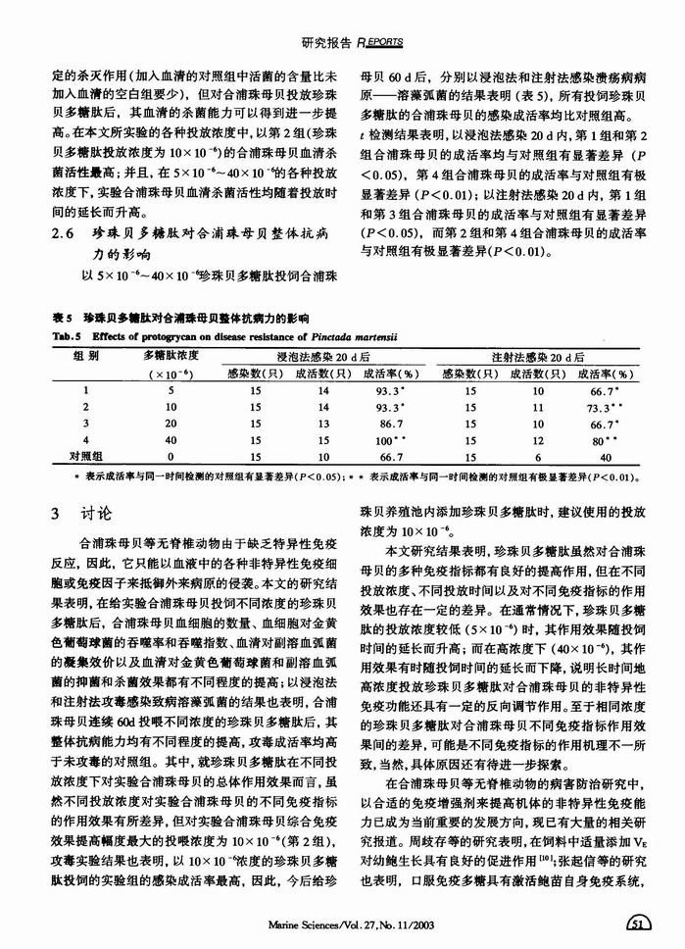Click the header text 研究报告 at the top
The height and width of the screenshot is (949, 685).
(326, 42)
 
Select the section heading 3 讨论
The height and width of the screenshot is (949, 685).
(82, 513)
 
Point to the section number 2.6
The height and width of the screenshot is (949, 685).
(65, 233)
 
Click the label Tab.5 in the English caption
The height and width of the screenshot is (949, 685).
(65, 333)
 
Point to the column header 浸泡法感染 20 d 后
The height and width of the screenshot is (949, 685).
(323, 356)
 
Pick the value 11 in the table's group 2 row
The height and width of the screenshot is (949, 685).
(538, 406)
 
